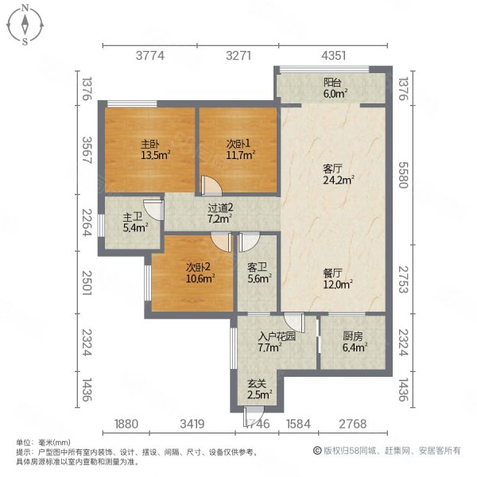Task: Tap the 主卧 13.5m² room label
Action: pyautogui.click(x=155, y=149)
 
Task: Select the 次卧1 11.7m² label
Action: pyautogui.click(x=240, y=149)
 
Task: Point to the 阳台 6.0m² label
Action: pyautogui.click(x=335, y=88)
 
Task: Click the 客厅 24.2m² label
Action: pyautogui.click(x=339, y=174)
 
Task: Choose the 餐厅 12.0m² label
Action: pyautogui.click(x=338, y=279)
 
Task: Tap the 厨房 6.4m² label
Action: pyautogui.click(x=355, y=342)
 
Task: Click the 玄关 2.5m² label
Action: pyautogui.click(x=259, y=389)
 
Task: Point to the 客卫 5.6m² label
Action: pyautogui.click(x=259, y=273)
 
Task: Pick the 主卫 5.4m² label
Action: pyautogui.click(x=135, y=223)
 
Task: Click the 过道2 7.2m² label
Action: pyautogui.click(x=220, y=213)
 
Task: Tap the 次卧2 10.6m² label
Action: pyautogui.click(x=200, y=273)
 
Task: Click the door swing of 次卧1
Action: pyautogui.click(x=211, y=186)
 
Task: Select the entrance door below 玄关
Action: pyautogui.click(x=254, y=416)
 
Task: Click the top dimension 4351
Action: pyautogui.click(x=333, y=56)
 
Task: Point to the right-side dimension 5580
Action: pyautogui.click(x=403, y=175)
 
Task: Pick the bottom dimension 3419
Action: pyautogui.click(x=192, y=424)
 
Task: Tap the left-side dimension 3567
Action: pyautogui.click(x=87, y=150)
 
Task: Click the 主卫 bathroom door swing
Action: pyautogui.click(x=154, y=210)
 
